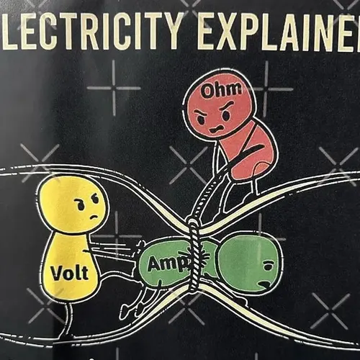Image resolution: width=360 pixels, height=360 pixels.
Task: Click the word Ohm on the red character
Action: point(221,90)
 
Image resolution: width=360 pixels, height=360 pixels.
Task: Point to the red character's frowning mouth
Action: point(217,130)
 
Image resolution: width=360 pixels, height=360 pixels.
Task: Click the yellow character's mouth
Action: point(94,217)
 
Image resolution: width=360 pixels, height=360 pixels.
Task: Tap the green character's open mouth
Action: point(265,285)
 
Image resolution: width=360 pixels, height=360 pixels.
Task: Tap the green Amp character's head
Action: point(250,264)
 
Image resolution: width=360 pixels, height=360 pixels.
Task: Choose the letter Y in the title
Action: point(168,30)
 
